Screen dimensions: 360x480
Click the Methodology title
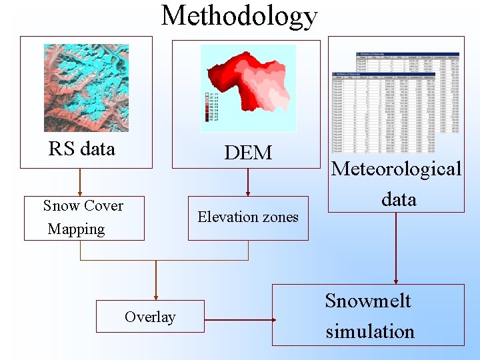239,16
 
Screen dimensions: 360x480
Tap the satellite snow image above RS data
86,88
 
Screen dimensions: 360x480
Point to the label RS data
82,149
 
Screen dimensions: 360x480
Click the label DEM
248,153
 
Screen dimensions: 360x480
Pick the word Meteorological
397,169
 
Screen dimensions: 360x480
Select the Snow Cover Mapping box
84,217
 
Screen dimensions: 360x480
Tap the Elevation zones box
248,217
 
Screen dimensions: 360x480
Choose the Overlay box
150,317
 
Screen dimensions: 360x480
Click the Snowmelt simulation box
368,315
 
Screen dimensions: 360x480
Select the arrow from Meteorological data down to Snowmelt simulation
396,247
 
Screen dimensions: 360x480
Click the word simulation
370,331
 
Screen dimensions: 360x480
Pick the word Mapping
77,229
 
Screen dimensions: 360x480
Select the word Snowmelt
368,301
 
